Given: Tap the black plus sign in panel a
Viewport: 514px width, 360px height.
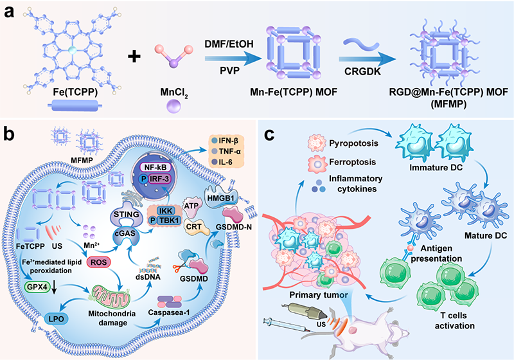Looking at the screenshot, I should [133, 57].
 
